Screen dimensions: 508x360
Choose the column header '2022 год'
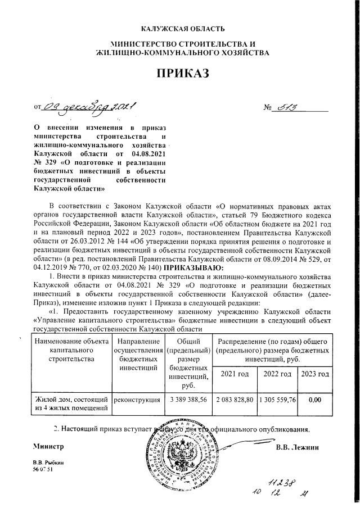click(277, 374)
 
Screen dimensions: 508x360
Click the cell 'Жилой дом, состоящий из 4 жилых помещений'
click(71, 403)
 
